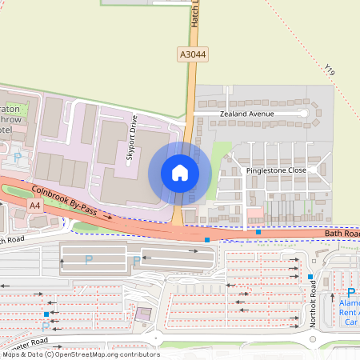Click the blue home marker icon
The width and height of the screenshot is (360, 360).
click(180, 172)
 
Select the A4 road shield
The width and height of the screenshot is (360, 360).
click(35, 206)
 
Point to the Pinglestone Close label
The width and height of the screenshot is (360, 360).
click(276, 170)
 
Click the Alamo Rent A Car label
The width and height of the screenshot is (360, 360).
click(350, 312)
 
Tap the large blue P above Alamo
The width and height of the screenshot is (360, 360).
click(350, 294)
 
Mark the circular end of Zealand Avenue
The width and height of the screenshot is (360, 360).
click(304, 114)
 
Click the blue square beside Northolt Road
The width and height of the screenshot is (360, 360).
click(310, 277)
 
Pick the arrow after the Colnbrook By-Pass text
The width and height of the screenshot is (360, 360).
click(107, 216)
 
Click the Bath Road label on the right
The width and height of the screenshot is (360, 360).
click(342, 234)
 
